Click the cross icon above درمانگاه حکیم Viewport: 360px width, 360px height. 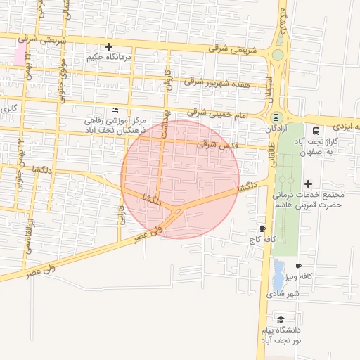[108, 46]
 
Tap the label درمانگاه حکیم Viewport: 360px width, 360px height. [109, 56]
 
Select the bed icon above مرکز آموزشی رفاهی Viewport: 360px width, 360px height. [115, 110]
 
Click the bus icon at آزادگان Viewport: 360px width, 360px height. [276, 117]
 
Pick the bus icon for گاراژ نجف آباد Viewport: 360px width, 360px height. [315, 130]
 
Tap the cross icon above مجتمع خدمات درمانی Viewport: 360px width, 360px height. [308, 184]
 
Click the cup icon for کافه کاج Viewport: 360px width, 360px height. [262, 229]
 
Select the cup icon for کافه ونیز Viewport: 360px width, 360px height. [298, 266]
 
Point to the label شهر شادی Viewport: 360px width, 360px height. [283, 293]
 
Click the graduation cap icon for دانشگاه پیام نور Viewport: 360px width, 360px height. [280, 319]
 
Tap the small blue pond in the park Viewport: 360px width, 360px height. [278, 270]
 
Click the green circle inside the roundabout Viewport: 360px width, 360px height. [278, 55]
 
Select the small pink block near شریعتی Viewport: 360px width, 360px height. [19, 55]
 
